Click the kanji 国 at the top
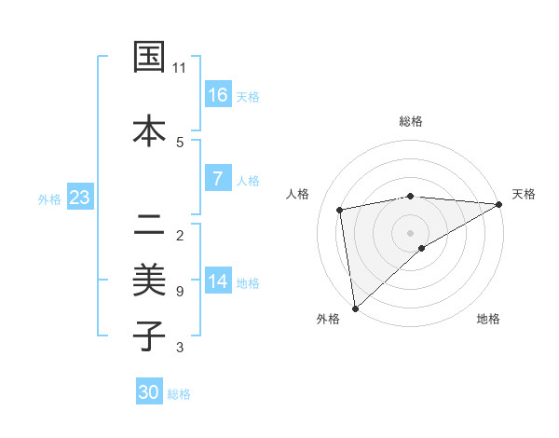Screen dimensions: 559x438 click(x=150, y=57)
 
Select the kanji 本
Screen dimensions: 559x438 click(x=150, y=131)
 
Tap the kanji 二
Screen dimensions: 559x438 click(x=150, y=225)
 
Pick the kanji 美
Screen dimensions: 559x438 click(x=150, y=280)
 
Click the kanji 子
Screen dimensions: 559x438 click(x=150, y=335)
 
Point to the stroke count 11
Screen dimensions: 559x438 click(x=180, y=68)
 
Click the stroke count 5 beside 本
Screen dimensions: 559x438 click(x=180, y=142)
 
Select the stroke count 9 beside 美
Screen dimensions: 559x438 click(x=180, y=292)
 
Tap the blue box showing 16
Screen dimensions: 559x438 click(x=218, y=95)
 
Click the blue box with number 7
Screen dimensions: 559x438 click(x=218, y=179)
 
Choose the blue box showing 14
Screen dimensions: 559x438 click(x=218, y=281)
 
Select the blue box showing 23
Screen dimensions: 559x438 click(x=79, y=198)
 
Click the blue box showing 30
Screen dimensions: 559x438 click(x=149, y=392)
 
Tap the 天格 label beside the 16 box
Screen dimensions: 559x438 click(x=248, y=97)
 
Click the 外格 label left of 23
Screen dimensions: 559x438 click(x=49, y=199)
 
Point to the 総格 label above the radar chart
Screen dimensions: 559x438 click(x=411, y=121)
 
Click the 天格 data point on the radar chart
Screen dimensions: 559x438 click(x=498, y=204)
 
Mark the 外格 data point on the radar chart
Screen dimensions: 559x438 click(x=354, y=308)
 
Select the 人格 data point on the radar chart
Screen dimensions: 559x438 click(x=341, y=210)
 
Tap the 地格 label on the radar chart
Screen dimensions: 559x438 click(x=488, y=319)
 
